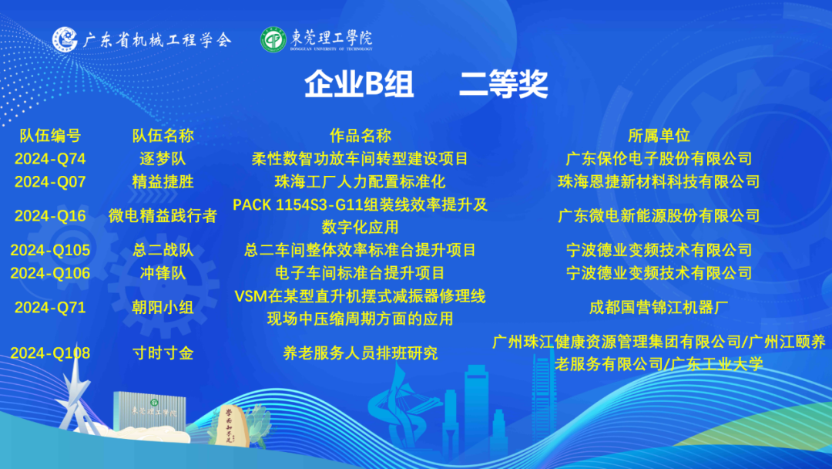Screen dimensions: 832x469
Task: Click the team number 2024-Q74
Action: [50, 159]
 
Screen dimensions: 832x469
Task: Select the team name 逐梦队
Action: [163, 159]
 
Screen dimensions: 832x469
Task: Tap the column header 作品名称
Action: [361, 136]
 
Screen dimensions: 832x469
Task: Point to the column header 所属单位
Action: [659, 136]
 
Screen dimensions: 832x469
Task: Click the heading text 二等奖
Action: [503, 84]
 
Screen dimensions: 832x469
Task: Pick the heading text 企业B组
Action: [359, 84]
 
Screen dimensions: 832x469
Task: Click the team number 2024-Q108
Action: [50, 353]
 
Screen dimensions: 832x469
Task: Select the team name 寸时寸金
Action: [163, 353]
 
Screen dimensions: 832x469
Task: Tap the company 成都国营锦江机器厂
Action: [659, 308]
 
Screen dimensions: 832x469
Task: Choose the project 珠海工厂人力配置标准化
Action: [361, 181]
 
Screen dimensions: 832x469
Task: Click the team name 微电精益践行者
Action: [163, 216]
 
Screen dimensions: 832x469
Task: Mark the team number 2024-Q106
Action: [50, 273]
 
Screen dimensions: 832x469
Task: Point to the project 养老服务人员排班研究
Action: [361, 353]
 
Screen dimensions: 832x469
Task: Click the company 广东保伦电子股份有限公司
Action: [659, 159]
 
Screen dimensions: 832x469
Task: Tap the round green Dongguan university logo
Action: [273, 40]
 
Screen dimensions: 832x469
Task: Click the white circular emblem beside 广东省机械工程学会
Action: [65, 39]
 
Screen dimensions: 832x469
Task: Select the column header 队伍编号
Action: [50, 136]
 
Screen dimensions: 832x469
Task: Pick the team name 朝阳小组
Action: [163, 308]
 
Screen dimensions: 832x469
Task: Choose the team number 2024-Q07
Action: [50, 181]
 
